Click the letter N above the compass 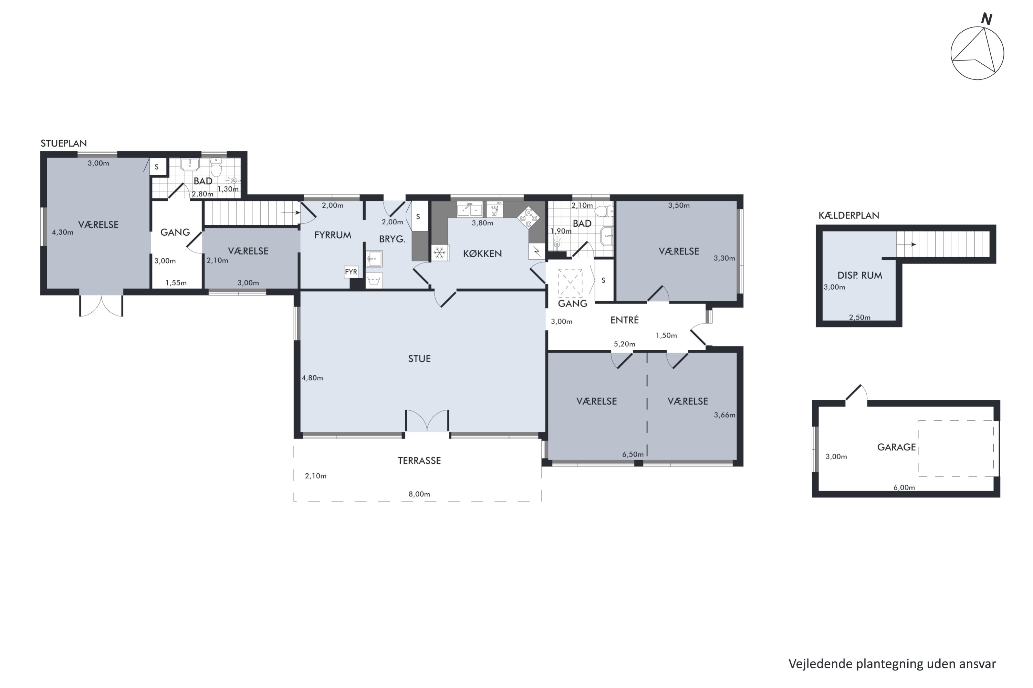(x=987, y=19)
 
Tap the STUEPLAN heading (x=64, y=143)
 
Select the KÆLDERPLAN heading (x=848, y=215)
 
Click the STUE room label (x=419, y=359)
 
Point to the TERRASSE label (x=419, y=461)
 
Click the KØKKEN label (x=482, y=254)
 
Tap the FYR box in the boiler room (x=351, y=272)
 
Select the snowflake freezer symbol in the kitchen (x=440, y=253)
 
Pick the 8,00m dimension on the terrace (x=419, y=494)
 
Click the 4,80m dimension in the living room (x=312, y=378)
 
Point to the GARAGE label (x=896, y=447)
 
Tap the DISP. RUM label (x=859, y=276)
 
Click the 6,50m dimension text (x=633, y=454)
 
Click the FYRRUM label (x=333, y=235)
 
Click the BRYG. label (x=392, y=239)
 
